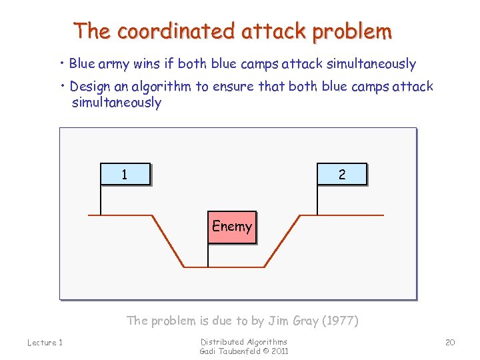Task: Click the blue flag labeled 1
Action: pos(125,174)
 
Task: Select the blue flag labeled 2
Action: pos(342,174)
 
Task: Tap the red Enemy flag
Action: pos(231,227)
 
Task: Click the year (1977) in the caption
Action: pos(340,321)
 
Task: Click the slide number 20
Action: pos(450,342)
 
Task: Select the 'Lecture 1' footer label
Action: pos(45,343)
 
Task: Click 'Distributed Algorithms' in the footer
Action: pos(244,342)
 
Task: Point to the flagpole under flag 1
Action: pos(100,199)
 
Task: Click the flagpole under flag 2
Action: pos(317,199)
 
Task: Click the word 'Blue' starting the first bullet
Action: pos(82,64)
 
